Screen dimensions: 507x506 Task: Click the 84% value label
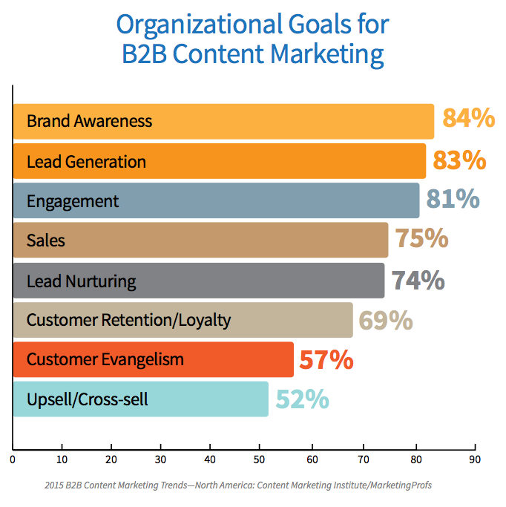coord(469,120)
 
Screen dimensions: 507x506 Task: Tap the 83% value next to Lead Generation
coord(460,160)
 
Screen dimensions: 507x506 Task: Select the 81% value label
coord(453,200)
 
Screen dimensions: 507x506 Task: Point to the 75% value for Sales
coord(421,240)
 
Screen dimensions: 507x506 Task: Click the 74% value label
coord(418,280)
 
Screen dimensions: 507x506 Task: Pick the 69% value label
coord(386,320)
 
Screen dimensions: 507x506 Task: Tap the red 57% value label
coord(326,360)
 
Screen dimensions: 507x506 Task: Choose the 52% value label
coord(302,399)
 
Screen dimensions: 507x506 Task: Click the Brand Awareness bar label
coord(89,121)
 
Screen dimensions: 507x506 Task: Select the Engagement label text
coord(72,201)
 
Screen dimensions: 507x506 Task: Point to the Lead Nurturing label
coord(81,281)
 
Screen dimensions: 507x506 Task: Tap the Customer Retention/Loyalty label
coord(128,321)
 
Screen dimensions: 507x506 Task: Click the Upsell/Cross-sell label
coord(87,400)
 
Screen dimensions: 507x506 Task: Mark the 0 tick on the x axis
coord(13,458)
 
